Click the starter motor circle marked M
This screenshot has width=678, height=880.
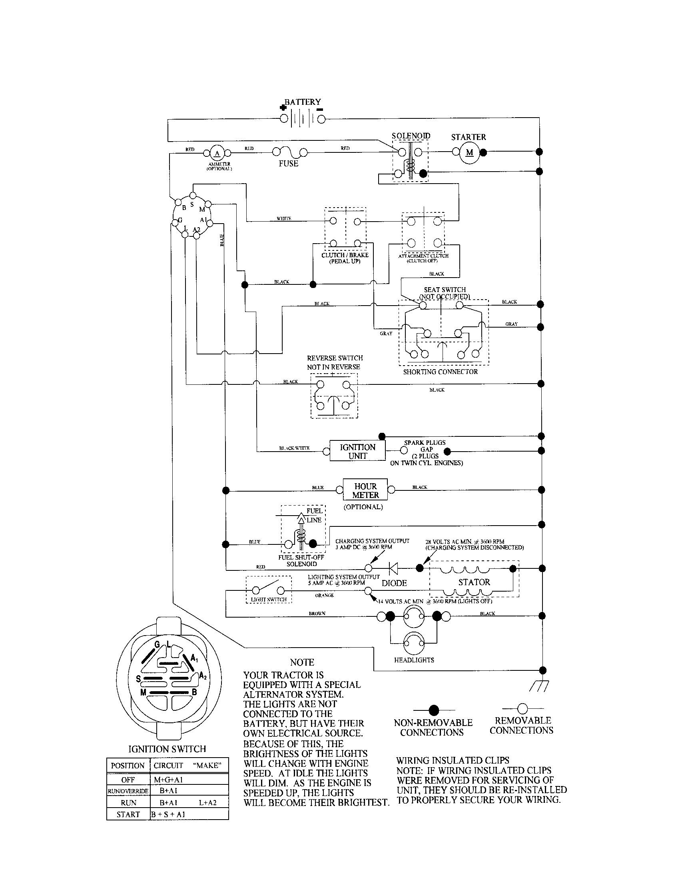(469, 153)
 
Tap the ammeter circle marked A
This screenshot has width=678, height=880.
(217, 153)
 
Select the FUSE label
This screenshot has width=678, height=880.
(288, 164)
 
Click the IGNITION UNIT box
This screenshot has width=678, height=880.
(357, 451)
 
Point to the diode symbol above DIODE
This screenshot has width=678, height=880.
(394, 568)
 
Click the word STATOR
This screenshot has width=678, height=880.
(474, 582)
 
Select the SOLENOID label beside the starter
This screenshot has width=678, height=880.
(411, 136)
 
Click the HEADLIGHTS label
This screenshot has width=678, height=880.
(414, 660)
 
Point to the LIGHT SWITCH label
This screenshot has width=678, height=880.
(269, 600)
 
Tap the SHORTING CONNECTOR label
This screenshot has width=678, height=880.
(441, 372)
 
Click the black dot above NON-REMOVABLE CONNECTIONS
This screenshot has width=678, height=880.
(434, 710)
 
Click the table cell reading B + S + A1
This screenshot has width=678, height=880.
(168, 814)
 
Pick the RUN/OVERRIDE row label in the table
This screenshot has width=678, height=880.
(128, 791)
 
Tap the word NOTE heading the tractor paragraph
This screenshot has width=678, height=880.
(302, 662)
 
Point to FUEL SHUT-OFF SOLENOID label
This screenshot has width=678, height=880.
(301, 560)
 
